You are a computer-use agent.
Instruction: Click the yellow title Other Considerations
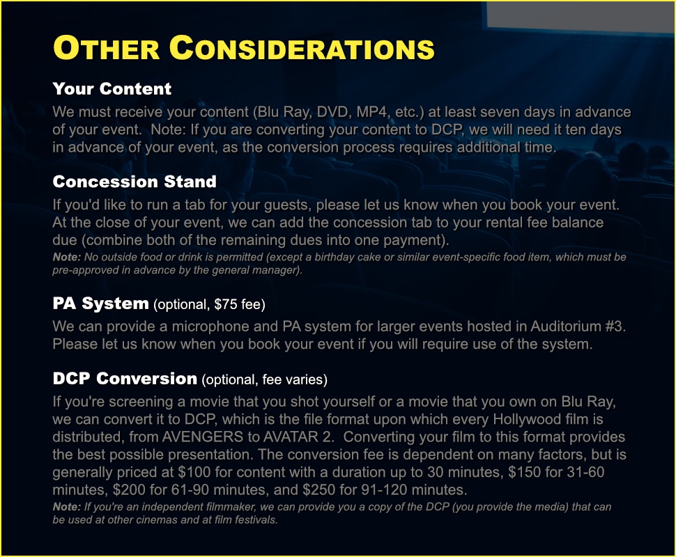pos(244,47)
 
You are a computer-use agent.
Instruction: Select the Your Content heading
pos(112,88)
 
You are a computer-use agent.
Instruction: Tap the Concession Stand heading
pos(135,182)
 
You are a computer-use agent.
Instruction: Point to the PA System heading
pos(100,304)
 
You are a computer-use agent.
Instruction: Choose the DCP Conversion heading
pos(125,379)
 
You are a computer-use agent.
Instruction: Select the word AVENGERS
pos(203,437)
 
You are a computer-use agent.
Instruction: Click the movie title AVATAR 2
pos(298,437)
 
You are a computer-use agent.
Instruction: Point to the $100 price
pos(194,472)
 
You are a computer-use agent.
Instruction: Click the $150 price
pos(525,472)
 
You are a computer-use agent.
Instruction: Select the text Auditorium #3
pos(577,326)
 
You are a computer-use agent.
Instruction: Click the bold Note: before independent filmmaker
pos(67,507)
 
